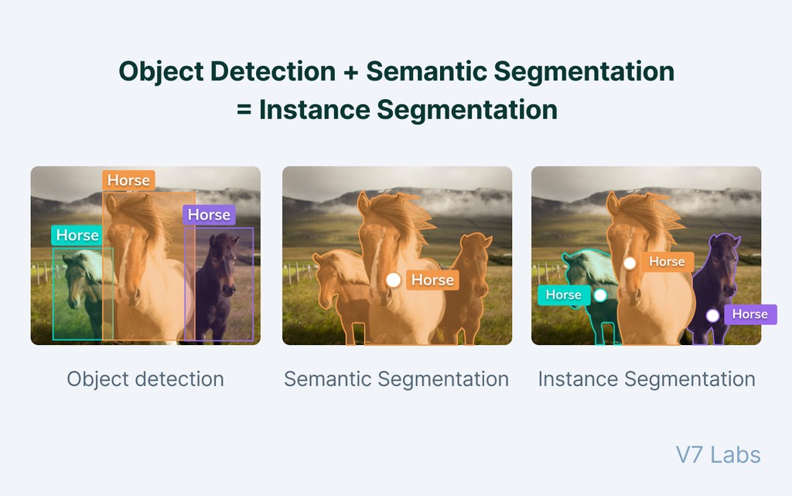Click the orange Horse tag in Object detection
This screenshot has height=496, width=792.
click(x=128, y=180)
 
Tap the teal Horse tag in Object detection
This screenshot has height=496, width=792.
click(x=77, y=235)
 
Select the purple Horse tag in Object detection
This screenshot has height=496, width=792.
click(x=209, y=214)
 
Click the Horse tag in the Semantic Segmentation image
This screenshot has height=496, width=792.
click(x=432, y=280)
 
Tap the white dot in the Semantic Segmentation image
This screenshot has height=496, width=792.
click(x=394, y=279)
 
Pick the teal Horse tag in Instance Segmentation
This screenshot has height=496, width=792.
click(x=563, y=295)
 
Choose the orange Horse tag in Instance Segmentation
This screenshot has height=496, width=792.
click(x=667, y=262)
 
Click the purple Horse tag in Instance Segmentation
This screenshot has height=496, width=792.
click(x=749, y=314)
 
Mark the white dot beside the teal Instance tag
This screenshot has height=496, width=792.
click(x=600, y=295)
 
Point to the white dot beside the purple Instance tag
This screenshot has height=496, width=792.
click(x=712, y=315)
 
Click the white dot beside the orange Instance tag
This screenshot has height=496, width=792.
click(x=630, y=263)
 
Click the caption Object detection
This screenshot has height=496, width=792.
click(x=145, y=379)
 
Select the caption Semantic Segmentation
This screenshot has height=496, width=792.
click(x=396, y=379)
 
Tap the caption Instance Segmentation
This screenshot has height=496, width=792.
click(x=647, y=379)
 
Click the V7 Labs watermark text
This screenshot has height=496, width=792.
click(x=719, y=455)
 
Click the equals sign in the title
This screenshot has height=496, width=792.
click(x=244, y=110)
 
